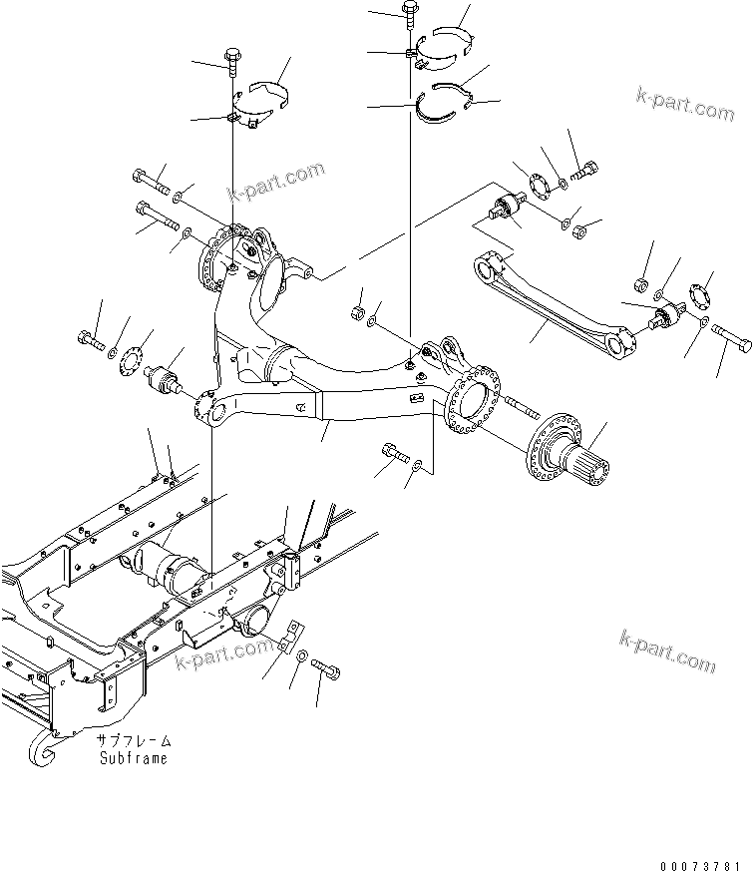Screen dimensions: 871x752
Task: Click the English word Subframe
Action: [133, 758]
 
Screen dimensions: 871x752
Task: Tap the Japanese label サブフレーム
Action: [133, 741]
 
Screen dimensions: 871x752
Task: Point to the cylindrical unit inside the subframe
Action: [176, 570]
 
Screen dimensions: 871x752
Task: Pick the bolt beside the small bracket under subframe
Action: [330, 674]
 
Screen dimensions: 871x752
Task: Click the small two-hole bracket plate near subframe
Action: [295, 640]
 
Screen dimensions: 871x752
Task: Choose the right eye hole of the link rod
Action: [625, 345]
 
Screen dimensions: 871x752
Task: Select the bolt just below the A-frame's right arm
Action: [393, 458]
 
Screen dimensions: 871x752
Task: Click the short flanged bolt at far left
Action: [88, 339]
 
